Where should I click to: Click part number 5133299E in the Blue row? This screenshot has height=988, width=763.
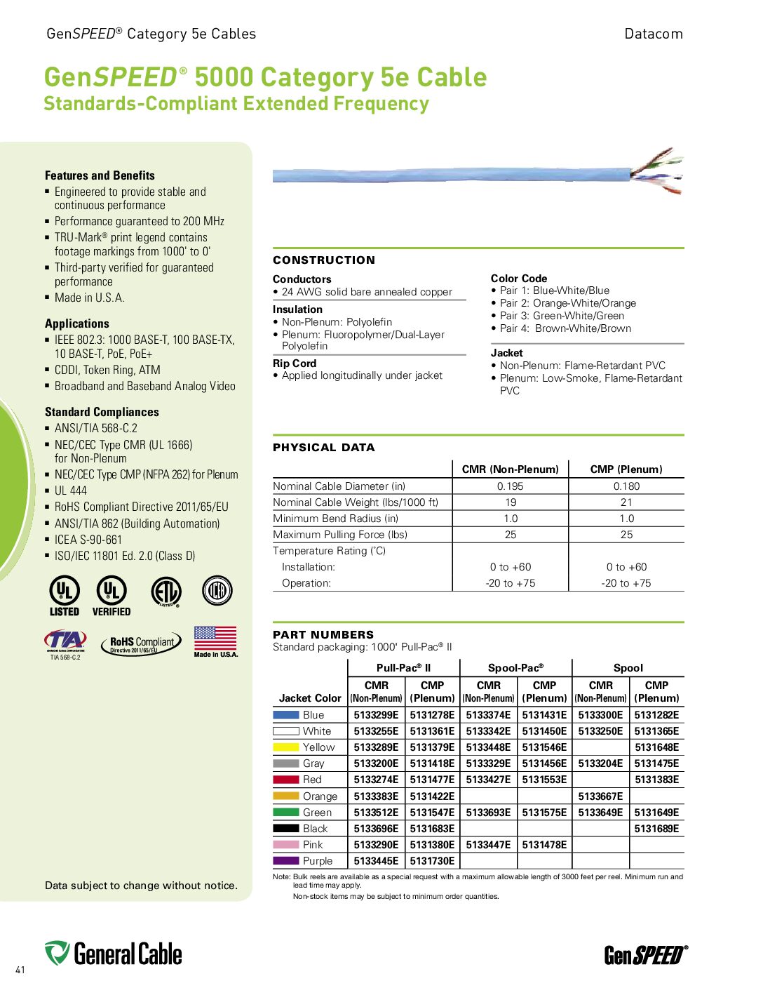coord(376,715)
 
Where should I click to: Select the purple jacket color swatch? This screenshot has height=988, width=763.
coord(285,861)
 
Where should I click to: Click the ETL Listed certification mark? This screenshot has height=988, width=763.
coord(166,592)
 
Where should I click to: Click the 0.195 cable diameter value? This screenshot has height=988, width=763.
coord(510,486)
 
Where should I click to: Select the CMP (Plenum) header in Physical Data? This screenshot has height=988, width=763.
coord(626,469)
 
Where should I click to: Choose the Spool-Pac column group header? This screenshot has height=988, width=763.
coord(515,668)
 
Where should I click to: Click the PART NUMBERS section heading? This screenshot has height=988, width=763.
coord(323,634)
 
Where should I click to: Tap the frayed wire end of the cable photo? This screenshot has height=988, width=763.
coord(657,172)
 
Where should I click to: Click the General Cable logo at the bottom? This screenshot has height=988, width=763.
coord(114,954)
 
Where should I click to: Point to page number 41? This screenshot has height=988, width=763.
coord(20,970)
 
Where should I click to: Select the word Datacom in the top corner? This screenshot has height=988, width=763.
coord(653,34)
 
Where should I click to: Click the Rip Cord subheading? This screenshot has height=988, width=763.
coord(295,363)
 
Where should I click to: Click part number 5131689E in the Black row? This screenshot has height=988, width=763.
coord(656,829)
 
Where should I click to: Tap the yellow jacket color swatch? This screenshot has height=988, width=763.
coord(285,747)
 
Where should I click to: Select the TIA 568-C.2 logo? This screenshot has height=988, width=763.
coord(65,643)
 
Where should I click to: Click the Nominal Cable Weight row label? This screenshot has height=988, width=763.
coord(356,502)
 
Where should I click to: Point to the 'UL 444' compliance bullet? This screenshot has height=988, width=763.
coord(71,490)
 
